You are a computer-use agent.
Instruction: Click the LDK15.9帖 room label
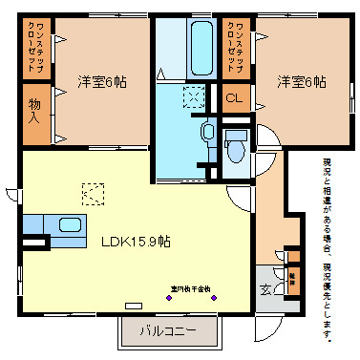coord(136,242)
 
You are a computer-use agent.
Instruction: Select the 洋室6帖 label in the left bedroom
coord(101,81)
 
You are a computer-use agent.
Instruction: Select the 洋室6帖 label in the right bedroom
coord(300,81)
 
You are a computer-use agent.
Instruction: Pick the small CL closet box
coord(232,96)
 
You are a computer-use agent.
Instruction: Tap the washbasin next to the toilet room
coord(207,132)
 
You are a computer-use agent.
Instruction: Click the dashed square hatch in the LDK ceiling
coord(93,192)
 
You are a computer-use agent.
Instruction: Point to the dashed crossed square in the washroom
coord(194,96)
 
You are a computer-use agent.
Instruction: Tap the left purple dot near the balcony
coord(160,298)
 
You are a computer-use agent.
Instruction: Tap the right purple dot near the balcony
coord(213,298)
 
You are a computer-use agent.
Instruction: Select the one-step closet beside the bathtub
coord(233,48)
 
